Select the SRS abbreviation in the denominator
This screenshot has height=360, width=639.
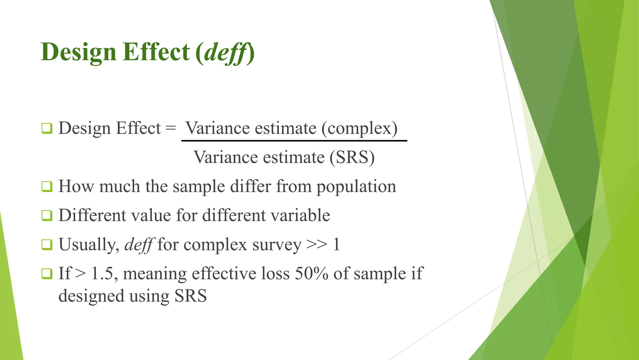point(352,157)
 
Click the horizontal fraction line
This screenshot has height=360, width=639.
point(294,141)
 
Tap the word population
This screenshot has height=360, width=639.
point(356,187)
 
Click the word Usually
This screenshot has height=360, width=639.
point(89,245)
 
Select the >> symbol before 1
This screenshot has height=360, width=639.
point(316,245)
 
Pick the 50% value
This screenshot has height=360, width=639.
point(311,273)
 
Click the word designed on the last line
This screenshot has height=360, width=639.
point(91,296)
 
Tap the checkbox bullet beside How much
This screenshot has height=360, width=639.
point(47,187)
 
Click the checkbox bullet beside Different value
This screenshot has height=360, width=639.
point(47,215)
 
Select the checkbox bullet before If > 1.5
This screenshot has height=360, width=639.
point(47,274)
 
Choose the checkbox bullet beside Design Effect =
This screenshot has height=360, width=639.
point(47,128)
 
